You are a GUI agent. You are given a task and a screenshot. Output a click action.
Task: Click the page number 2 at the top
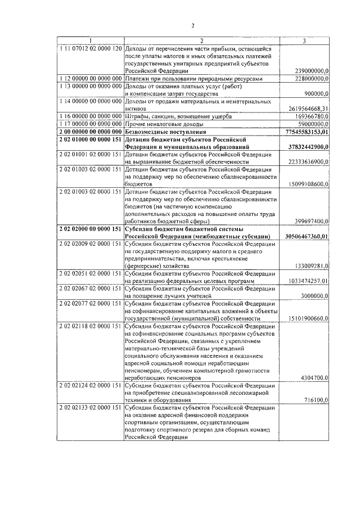tap(192, 26)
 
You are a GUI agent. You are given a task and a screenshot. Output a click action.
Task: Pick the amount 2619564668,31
tap(309, 108)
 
